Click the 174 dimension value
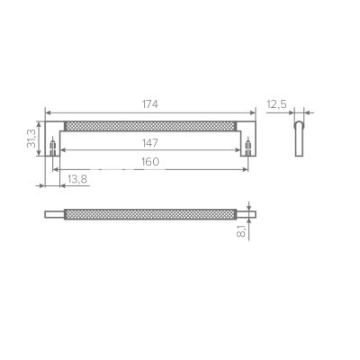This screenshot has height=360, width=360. coord(149,104)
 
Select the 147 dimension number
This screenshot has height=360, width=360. coord(149,142)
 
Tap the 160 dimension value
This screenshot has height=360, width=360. coord(149,162)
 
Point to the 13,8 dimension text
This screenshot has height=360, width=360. coord(77,180)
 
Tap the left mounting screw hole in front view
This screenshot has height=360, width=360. coord(55,146)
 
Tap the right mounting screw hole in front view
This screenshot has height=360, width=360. coord(246,146)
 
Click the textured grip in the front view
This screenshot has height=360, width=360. coord(149,124)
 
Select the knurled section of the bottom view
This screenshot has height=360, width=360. coord(149,214)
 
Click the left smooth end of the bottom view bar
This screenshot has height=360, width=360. coord(54,214)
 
